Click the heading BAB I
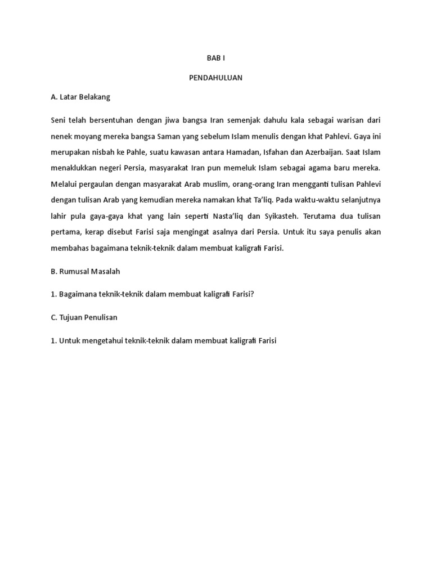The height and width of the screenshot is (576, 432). click(x=215, y=58)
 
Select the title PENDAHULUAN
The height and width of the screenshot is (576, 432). click(x=215, y=78)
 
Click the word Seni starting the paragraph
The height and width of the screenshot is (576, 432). click(x=58, y=120)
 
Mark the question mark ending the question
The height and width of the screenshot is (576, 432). click(x=253, y=294)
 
